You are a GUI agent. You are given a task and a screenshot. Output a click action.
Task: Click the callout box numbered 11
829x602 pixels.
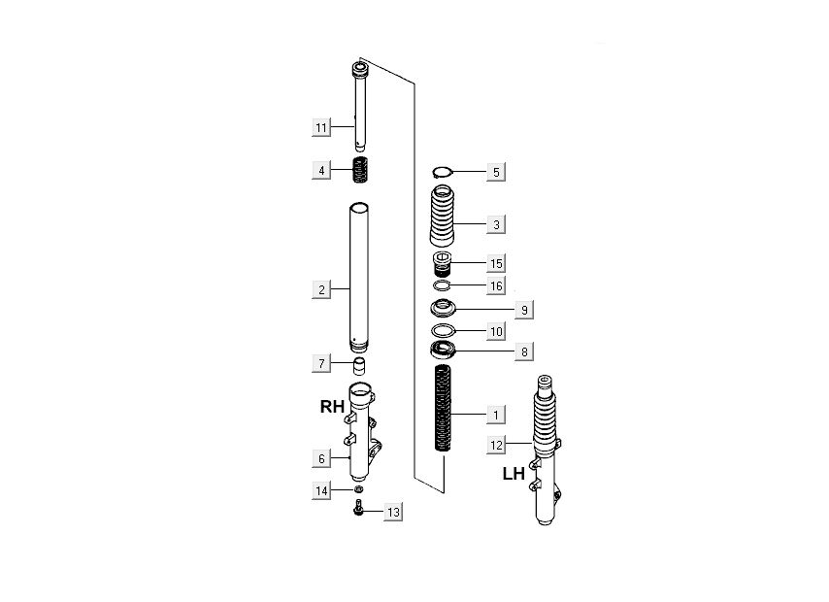321,127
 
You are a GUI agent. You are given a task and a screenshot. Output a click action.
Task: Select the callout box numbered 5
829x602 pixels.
496,173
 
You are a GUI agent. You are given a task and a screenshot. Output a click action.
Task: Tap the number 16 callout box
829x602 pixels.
496,286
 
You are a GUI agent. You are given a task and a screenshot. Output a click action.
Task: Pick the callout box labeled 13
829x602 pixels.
393,512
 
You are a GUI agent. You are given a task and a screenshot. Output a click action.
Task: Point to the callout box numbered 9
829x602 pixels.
524,310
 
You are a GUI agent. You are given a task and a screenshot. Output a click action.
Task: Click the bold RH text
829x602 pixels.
333,407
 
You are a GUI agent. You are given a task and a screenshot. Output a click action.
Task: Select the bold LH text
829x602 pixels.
514,474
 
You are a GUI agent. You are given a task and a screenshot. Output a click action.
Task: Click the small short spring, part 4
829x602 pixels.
360,170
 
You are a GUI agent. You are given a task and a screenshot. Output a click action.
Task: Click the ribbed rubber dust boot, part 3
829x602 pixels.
443,216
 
